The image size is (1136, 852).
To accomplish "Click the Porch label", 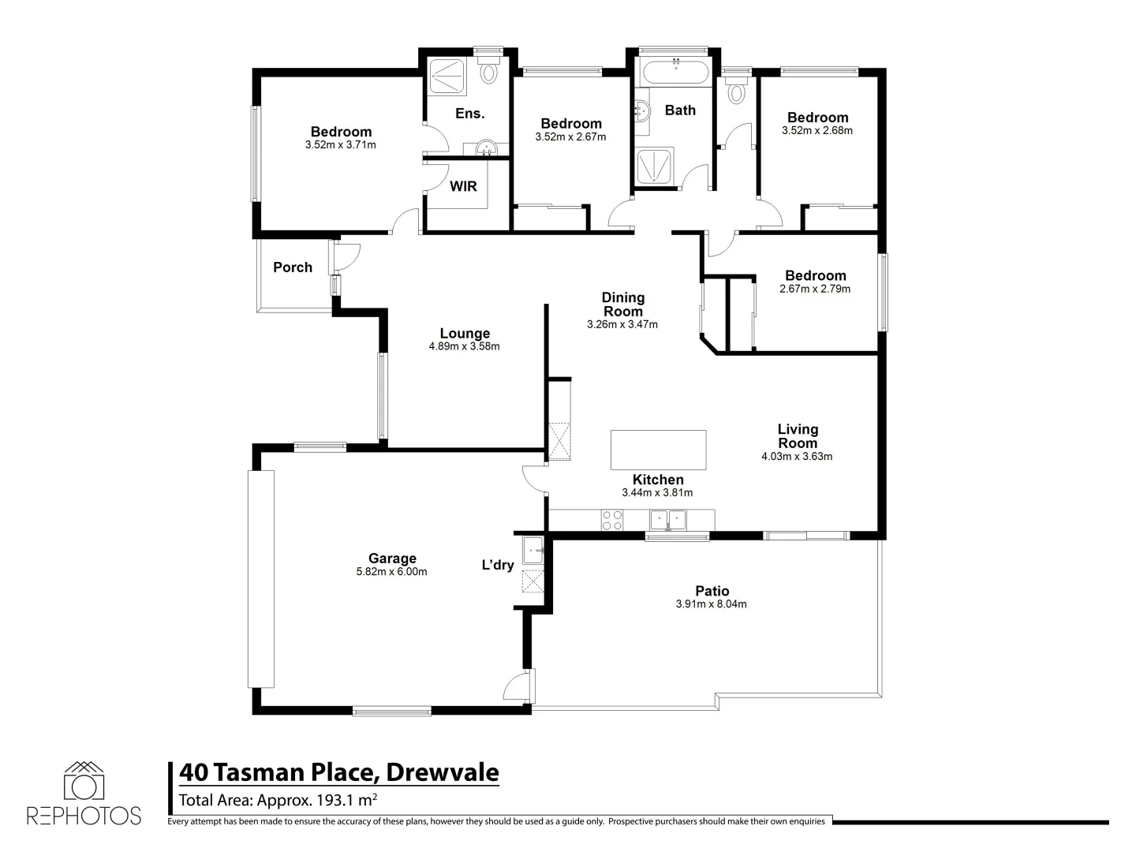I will click(x=293, y=267).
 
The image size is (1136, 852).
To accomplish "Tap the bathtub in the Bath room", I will click(x=675, y=74).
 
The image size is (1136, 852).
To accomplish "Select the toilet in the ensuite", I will click(x=489, y=73).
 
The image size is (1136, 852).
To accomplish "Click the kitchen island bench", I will click(x=658, y=450).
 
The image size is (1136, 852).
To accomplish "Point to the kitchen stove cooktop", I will click(x=612, y=520).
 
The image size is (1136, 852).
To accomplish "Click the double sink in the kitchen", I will click(x=668, y=520).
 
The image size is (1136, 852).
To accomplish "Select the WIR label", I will click(x=463, y=186).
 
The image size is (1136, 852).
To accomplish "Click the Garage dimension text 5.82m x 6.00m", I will click(x=391, y=572).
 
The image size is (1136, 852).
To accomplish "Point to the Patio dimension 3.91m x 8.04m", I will click(x=711, y=604).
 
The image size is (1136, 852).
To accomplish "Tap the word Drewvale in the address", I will click(x=443, y=772).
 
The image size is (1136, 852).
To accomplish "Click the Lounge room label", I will click(x=465, y=334).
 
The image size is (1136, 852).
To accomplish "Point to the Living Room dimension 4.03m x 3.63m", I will click(x=797, y=456).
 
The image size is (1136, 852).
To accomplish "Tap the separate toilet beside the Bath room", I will click(x=737, y=92).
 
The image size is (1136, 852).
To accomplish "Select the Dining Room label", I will click(x=623, y=305).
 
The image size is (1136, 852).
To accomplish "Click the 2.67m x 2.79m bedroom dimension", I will click(x=815, y=289).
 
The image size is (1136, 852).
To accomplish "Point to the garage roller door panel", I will click(x=261, y=579).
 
